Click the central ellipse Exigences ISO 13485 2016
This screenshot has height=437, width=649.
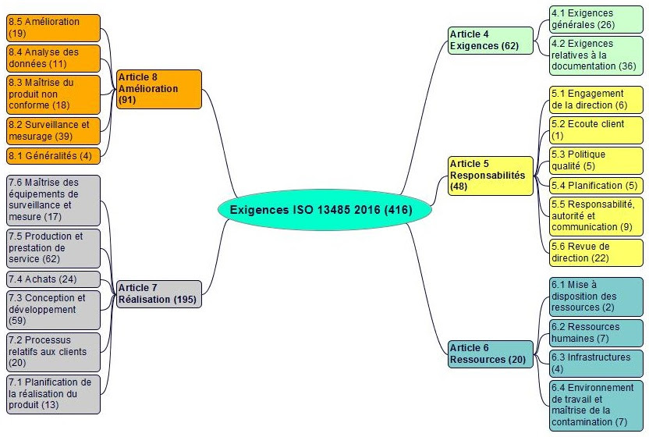(324, 210)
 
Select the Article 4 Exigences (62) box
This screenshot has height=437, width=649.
(491, 40)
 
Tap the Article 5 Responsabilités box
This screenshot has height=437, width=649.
(491, 176)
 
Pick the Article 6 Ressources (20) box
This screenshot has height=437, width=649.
(491, 354)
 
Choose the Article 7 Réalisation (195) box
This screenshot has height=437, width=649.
(159, 294)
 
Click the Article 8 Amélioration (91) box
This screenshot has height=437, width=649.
(159, 89)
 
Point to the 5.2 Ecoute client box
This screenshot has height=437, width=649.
(596, 130)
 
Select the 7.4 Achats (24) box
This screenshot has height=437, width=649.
(53, 279)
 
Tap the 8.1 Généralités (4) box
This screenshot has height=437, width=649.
(53, 156)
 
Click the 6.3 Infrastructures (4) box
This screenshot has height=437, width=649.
(596, 364)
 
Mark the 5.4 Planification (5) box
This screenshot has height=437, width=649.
(596, 186)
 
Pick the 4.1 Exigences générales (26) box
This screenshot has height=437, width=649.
(596, 19)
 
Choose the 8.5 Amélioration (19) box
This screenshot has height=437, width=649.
(53, 28)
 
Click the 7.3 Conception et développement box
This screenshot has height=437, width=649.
(53, 310)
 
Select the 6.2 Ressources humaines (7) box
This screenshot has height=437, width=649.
(596, 333)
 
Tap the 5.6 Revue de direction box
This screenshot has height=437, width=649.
(596, 253)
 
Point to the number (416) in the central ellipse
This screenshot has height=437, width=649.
(398, 210)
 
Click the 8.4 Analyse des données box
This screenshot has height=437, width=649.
(53, 59)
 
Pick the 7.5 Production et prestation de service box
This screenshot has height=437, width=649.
(53, 248)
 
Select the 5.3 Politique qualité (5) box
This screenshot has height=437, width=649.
(596, 161)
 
